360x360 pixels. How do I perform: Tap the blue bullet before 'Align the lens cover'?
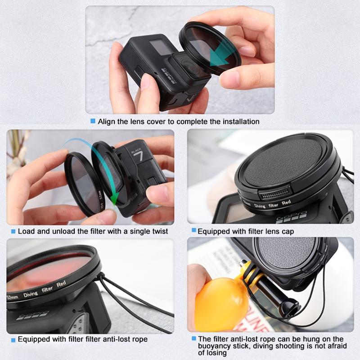tap(93, 121)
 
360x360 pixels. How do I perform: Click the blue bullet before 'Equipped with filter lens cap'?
tap(193, 230)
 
